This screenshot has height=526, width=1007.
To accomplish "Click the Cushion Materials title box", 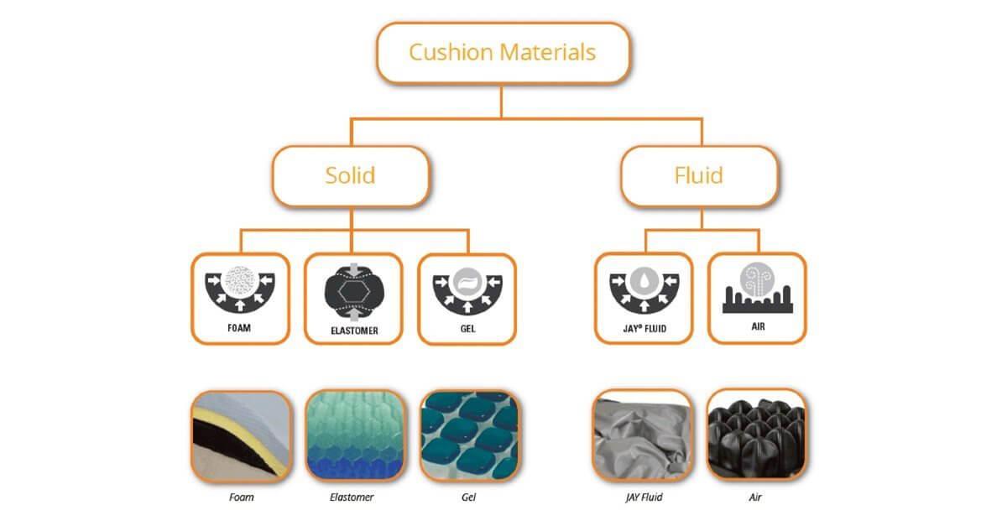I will (502, 53).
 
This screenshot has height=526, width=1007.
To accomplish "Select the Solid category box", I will (350, 176).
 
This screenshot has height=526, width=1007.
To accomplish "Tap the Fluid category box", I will (698, 176).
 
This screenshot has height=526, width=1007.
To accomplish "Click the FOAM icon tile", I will (240, 298).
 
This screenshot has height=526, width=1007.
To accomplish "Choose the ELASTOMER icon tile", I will (353, 298).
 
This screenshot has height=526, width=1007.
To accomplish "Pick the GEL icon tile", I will (467, 298).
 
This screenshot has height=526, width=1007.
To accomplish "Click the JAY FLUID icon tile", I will (644, 298).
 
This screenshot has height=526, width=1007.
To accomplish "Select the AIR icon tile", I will (757, 298).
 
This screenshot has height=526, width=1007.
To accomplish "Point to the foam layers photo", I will (241, 435).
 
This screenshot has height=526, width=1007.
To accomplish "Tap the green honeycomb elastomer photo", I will (353, 435).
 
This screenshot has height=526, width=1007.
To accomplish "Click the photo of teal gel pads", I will (467, 435).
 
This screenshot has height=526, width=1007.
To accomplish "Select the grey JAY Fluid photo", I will (643, 435).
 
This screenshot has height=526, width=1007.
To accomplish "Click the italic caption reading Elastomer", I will (352, 497).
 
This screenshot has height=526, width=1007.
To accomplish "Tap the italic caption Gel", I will (467, 497).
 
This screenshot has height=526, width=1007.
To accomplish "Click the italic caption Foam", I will (241, 497).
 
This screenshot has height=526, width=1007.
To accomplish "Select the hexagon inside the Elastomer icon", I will (353, 289).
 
